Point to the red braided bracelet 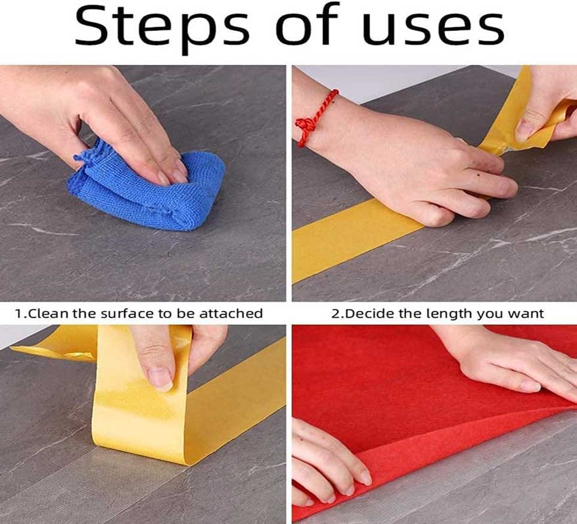click(314, 118)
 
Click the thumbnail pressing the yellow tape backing click(160, 379)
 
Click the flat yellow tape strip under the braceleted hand click(354, 239)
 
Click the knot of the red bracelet click(306, 124)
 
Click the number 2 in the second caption click(335, 314)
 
